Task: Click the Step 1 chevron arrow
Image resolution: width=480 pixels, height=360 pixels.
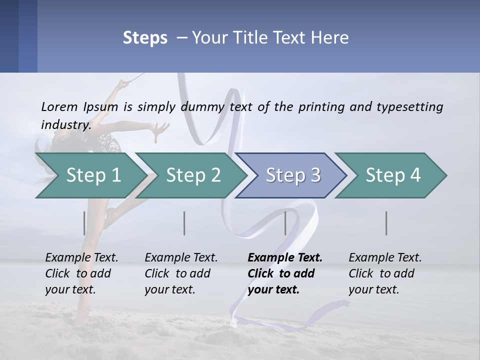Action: [90, 175]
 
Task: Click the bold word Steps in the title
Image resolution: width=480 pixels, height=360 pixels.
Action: [145, 38]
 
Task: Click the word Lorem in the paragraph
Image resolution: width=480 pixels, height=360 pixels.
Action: [59, 107]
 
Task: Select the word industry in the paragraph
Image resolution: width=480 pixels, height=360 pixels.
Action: [65, 125]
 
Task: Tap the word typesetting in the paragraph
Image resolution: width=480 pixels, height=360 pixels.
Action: [409, 107]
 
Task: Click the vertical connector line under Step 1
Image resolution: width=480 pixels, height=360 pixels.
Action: [84, 223]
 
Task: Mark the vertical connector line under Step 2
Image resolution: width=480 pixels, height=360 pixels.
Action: [184, 223]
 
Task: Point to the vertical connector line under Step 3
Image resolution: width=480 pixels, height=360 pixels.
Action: [285, 223]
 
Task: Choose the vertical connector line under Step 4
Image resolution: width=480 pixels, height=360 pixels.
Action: [386, 223]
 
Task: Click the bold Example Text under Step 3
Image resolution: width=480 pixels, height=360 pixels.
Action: [285, 258]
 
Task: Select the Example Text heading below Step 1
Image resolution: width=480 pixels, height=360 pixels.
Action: [81, 258]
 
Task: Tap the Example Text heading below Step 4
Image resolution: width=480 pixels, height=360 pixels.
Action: [385, 258]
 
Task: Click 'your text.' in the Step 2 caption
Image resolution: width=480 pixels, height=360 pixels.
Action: [170, 289]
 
